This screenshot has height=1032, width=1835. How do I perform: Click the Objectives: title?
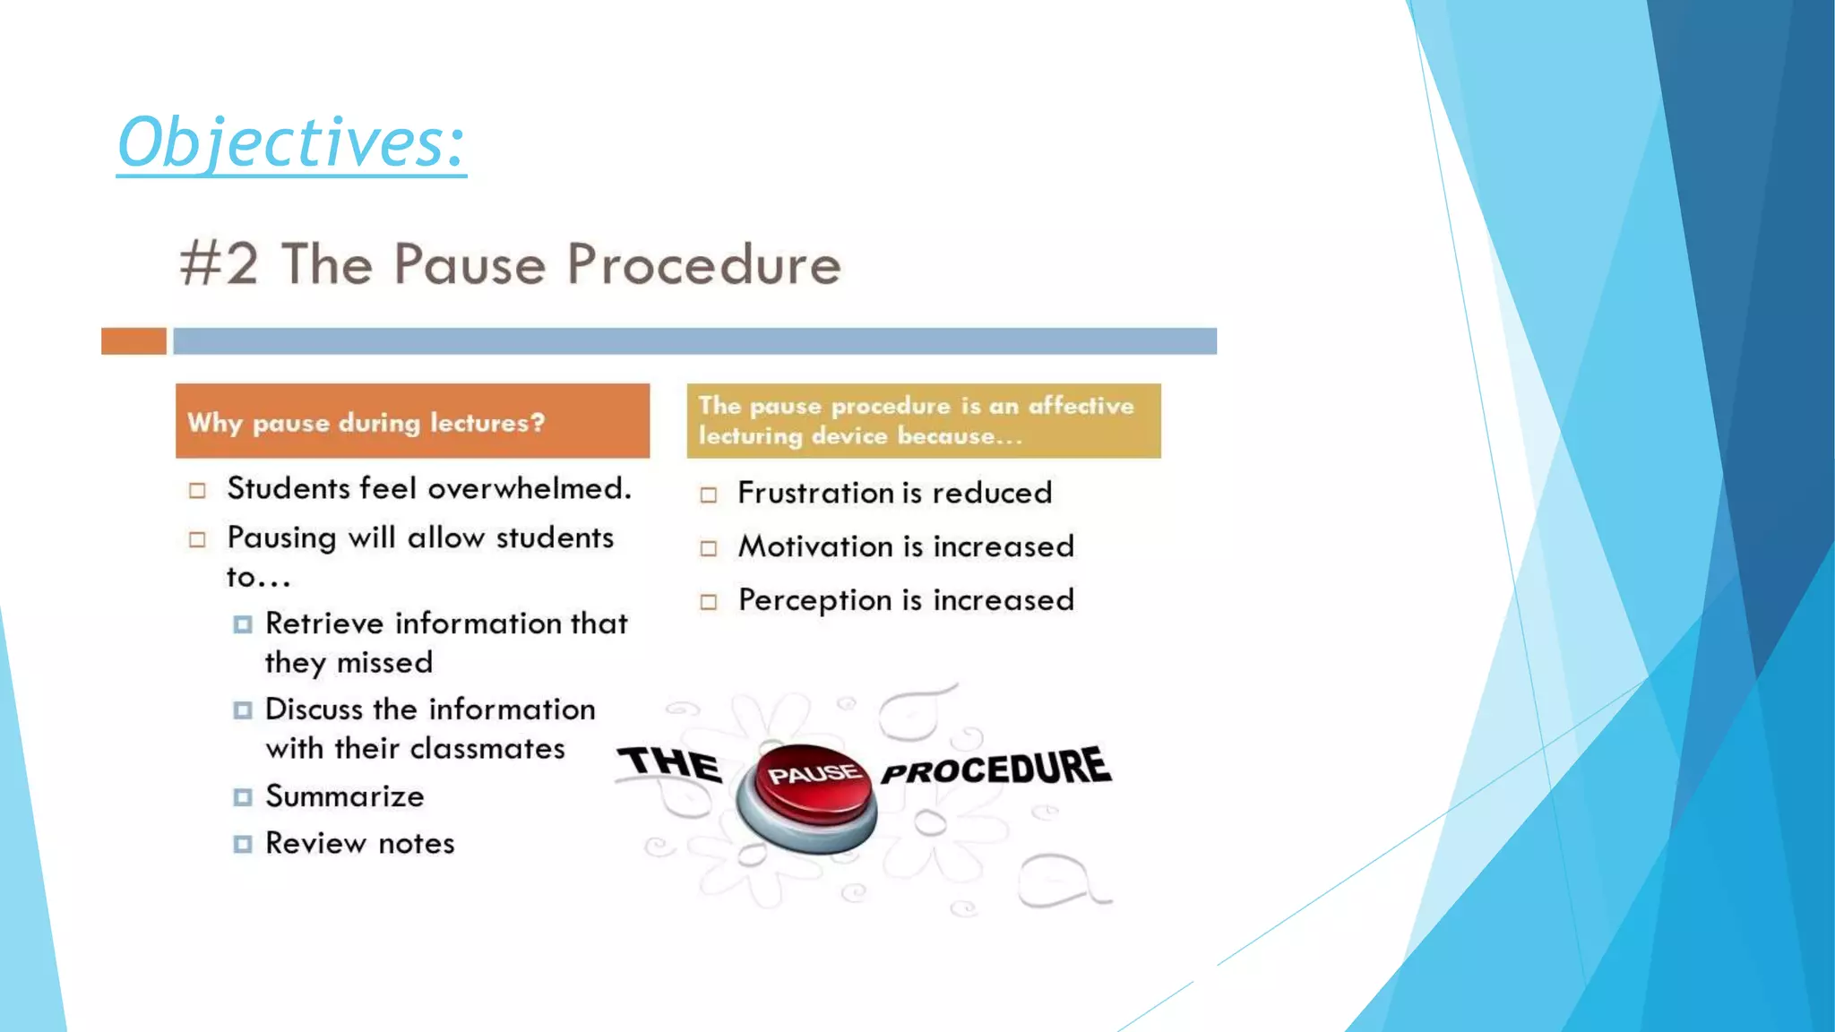(291, 142)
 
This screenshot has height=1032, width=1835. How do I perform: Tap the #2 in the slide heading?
(220, 264)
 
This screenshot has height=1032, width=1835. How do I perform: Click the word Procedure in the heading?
(704, 265)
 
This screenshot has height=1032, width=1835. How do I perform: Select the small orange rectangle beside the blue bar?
(134, 341)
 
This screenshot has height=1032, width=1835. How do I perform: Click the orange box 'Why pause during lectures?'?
(412, 421)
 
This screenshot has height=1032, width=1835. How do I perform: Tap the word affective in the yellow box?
(1081, 406)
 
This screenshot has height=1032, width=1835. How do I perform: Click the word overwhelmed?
(530, 488)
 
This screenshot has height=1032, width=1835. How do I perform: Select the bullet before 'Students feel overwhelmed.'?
(197, 491)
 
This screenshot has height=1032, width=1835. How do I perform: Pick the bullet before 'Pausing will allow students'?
(197, 539)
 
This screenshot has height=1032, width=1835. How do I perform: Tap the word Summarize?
(345, 796)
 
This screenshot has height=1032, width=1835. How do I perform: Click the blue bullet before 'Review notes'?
(243, 844)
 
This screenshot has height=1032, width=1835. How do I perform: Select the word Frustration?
(815, 493)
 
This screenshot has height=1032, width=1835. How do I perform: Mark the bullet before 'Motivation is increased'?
(709, 548)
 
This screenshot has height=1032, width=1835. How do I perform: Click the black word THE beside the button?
(671, 764)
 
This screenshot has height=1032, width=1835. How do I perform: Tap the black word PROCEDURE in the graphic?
(996, 769)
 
